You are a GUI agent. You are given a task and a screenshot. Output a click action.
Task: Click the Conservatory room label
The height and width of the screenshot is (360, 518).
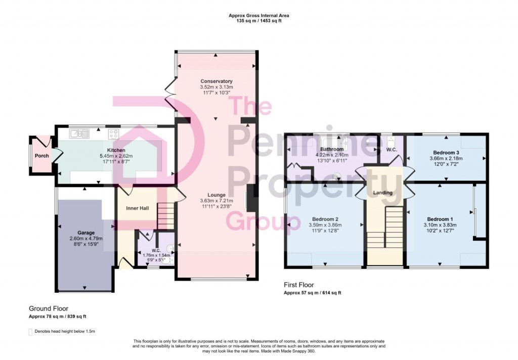(216, 81)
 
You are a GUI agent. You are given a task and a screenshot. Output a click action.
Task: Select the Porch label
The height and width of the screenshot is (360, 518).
(41, 156)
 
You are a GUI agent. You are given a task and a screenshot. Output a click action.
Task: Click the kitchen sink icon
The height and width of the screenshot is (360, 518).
(80, 133)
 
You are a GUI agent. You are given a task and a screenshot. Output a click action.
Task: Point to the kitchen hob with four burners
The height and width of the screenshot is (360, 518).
(113, 134)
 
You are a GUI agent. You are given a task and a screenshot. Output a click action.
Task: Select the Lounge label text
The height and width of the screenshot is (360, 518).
(216, 195)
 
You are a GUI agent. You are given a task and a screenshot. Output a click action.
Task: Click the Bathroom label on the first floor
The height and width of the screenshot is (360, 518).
(331, 149)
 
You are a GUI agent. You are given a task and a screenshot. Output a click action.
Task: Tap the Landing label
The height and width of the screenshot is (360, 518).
(383, 193)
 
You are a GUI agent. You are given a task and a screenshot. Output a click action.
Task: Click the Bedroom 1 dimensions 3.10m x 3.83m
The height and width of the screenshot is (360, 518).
(441, 225)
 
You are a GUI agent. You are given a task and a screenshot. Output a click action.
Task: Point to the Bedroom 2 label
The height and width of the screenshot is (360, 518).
(325, 219)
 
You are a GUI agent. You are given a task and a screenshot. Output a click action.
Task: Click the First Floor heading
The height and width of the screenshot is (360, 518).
(299, 286)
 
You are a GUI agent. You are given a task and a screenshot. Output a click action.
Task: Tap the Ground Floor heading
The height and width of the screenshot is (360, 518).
(49, 308)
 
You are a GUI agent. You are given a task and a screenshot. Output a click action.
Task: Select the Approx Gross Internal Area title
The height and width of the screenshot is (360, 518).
(259, 16)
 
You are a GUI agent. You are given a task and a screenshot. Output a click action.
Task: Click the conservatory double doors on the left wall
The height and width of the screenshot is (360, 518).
(170, 96)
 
